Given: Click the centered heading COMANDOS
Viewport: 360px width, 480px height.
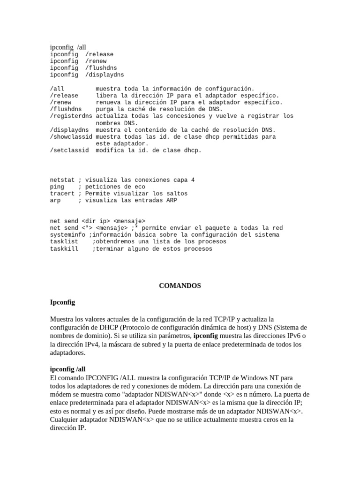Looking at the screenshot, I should (180, 285).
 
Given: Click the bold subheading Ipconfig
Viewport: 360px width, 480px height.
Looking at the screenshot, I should (62, 302).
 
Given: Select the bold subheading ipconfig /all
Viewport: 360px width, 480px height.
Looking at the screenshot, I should (68, 369).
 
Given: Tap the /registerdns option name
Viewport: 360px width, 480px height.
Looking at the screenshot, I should (71, 116).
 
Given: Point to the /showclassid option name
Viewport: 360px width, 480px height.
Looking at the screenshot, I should (71, 137).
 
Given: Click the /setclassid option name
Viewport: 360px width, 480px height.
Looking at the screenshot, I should (69, 150).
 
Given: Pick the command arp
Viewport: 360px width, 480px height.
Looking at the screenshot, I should (55, 201).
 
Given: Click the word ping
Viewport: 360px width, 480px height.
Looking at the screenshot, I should (57, 187).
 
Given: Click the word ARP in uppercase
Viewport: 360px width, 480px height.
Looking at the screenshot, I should (172, 201).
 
